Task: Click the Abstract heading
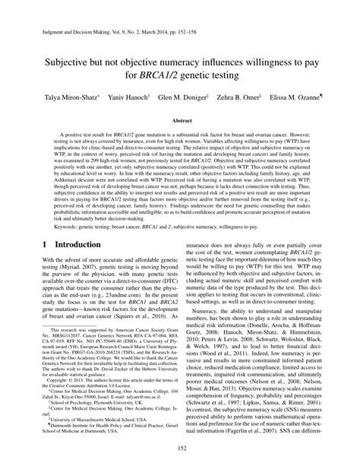click(x=181, y=121)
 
